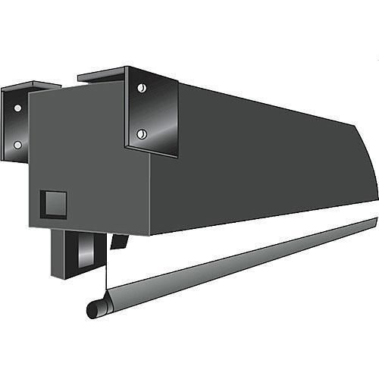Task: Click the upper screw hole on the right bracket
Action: point(142,88)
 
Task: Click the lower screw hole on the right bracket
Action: point(141,134)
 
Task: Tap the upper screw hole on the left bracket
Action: point(17,108)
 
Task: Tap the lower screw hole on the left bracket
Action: point(17,145)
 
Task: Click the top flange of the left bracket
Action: point(30,86)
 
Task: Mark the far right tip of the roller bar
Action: point(375,221)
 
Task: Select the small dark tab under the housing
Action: point(117,241)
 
